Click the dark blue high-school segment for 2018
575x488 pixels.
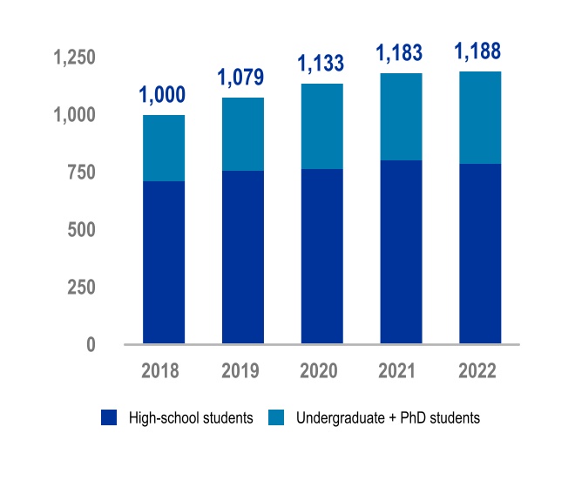[164, 262]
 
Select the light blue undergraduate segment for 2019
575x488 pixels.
[243, 134]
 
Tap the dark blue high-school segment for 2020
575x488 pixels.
[321, 256]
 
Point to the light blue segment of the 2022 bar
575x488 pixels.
[480, 118]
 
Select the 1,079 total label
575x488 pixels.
[243, 79]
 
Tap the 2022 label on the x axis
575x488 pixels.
[479, 370]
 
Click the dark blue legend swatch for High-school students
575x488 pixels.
[109, 418]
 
